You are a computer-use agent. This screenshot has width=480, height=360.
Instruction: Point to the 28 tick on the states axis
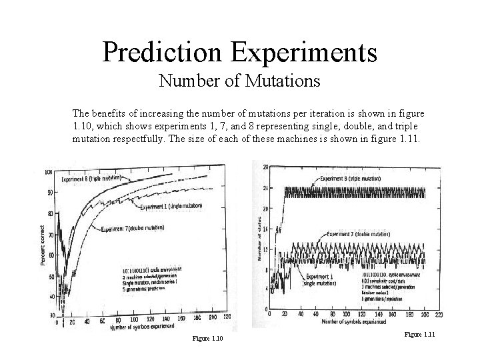[x=266, y=166]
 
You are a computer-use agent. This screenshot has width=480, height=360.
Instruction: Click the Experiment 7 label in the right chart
[x=359, y=234]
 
